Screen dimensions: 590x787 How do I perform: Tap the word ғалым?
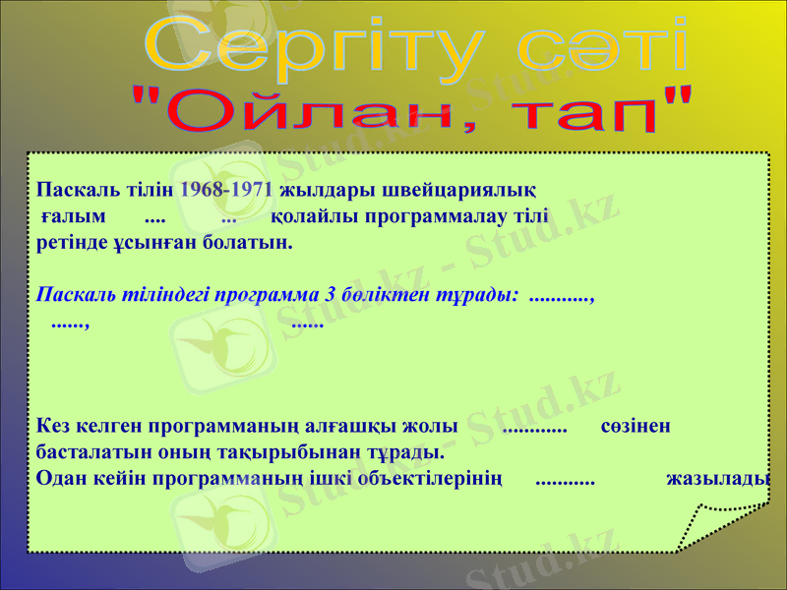(74, 214)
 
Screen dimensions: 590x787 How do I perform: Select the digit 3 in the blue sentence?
(329, 294)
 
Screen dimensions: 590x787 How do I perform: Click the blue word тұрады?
(481, 294)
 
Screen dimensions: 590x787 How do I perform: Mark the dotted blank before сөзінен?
(534, 429)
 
